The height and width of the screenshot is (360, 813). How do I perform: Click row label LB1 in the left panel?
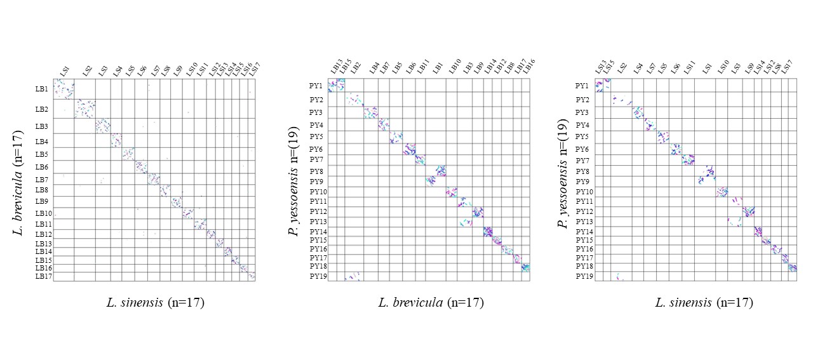pos(42,90)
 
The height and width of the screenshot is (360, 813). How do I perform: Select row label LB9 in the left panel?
pos(42,202)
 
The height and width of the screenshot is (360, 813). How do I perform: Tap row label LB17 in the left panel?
pos(43,276)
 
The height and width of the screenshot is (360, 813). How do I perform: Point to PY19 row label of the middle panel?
pos(317,276)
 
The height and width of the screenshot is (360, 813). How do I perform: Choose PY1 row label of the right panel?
pos(582,86)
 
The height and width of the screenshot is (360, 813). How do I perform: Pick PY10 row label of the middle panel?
pos(318,192)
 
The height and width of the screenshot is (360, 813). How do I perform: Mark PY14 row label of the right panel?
pos(584,232)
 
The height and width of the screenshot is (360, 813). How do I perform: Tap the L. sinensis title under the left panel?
pos(155,303)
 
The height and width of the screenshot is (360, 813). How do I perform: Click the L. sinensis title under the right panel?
pos(704,303)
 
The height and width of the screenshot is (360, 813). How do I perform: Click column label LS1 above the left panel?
pos(64,71)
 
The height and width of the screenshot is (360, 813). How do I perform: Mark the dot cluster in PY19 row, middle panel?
pos(353,276)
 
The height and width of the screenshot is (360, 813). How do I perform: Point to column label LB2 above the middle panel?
pos(356,67)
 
